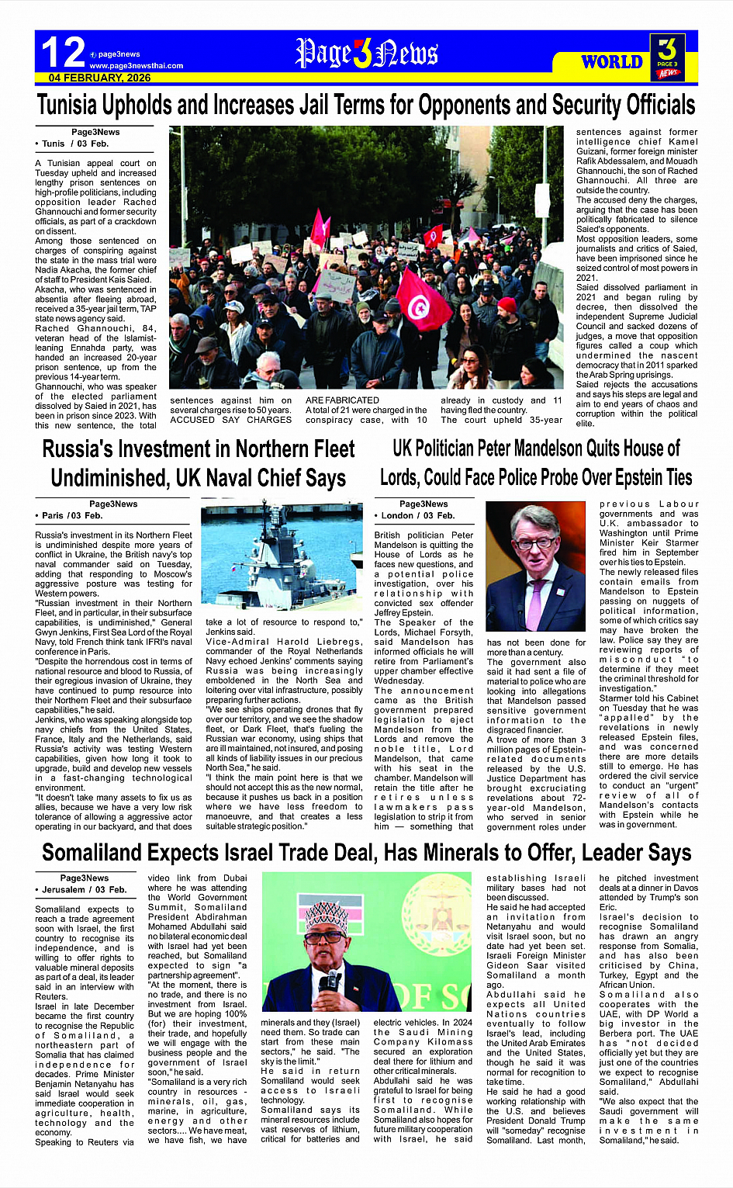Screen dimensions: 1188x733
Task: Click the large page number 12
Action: point(62,53)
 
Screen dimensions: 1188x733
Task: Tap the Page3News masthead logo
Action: point(366,54)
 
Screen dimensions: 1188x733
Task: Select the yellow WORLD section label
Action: point(611,62)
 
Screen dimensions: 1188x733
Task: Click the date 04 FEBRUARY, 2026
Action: point(99,78)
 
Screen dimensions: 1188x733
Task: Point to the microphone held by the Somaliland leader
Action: point(330,984)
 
